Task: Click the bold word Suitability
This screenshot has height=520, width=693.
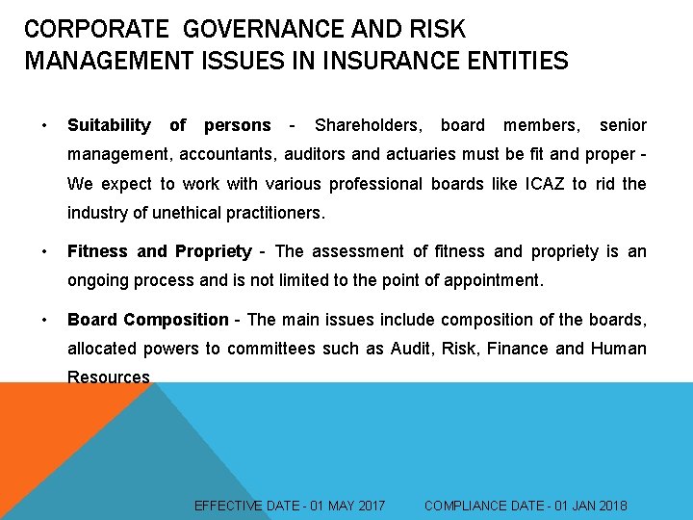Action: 109,125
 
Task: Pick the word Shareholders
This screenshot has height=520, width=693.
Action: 368,125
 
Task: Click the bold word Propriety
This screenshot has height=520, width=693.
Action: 213,251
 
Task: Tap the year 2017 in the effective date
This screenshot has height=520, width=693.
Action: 370,506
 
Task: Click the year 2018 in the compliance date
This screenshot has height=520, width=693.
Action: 611,506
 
